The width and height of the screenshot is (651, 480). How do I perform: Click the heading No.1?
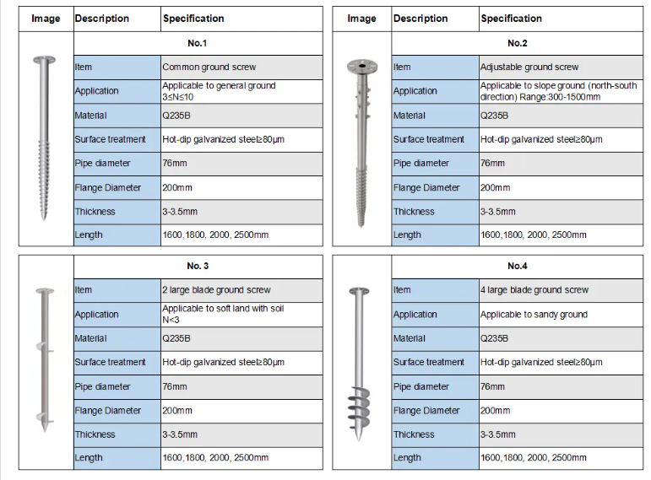[x=198, y=43]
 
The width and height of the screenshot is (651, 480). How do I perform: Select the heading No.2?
[x=517, y=43]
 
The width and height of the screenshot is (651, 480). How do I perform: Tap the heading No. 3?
[x=198, y=266]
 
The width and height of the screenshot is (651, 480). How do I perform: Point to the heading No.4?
[x=517, y=266]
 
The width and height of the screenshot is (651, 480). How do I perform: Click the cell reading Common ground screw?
[x=209, y=67]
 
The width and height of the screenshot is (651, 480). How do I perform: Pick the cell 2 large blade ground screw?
[x=216, y=289]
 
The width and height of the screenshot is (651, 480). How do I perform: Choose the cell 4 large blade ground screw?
[x=534, y=289]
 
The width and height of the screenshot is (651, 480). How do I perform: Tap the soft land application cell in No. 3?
[x=223, y=314]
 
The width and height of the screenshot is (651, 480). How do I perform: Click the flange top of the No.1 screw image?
[x=46, y=60]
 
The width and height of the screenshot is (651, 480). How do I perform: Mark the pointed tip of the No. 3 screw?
[x=46, y=447]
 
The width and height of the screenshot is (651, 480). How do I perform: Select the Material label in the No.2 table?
[x=410, y=115]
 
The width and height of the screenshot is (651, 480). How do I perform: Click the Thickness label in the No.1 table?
[x=95, y=212]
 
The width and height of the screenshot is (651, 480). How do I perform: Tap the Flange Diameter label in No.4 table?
[x=426, y=411]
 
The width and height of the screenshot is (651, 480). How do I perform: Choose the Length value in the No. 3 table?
[x=214, y=457]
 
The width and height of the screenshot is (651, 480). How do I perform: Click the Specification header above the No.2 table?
[x=511, y=18]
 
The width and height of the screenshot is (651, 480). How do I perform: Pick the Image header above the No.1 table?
[x=46, y=18]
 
